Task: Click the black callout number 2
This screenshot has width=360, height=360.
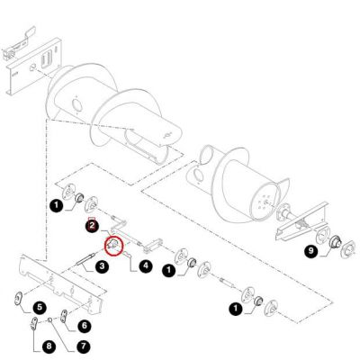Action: (x=92, y=226)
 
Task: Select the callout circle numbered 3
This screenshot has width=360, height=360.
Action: (x=102, y=265)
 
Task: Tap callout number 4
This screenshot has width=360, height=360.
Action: (x=146, y=265)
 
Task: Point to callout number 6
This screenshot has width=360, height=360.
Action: (x=85, y=326)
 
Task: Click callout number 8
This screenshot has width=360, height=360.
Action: (x=49, y=347)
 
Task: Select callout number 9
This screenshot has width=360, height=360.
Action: (x=310, y=251)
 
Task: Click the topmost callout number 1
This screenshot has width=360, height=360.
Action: (x=57, y=206)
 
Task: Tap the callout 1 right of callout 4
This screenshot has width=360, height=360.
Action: (x=168, y=270)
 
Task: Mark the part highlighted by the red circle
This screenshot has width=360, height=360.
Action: (x=113, y=244)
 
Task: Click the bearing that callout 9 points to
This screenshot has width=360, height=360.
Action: (x=334, y=241)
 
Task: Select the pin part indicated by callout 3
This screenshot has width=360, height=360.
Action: (x=85, y=259)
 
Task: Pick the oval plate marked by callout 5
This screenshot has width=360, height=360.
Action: (x=19, y=299)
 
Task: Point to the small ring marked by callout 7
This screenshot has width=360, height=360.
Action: (x=50, y=320)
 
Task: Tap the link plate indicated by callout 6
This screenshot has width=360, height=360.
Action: (x=64, y=317)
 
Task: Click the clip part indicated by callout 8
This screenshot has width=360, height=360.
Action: (x=34, y=323)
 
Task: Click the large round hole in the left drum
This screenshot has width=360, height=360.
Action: (x=76, y=105)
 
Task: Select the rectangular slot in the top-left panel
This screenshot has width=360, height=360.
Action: (x=46, y=58)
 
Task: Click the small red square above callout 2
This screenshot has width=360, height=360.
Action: (x=92, y=220)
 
